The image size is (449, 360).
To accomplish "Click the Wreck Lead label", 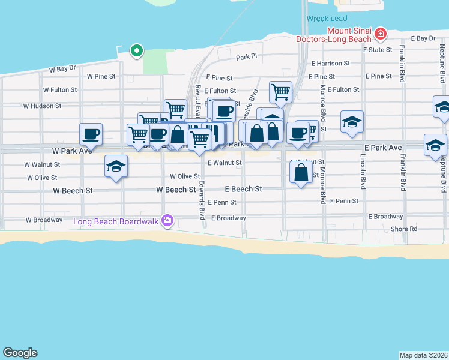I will pyautogui.click(x=327, y=19).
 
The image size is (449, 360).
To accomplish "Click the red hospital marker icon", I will pyautogui.click(x=379, y=32).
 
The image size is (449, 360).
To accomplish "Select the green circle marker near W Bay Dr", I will pyautogui.click(x=137, y=51).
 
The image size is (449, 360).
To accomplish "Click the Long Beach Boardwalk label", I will pyautogui.click(x=116, y=221).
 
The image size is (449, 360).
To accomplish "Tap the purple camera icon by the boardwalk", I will pyautogui.click(x=168, y=221).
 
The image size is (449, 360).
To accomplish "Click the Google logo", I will pyautogui.click(x=20, y=353).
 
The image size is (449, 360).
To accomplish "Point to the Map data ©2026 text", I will pyautogui.click(x=424, y=355).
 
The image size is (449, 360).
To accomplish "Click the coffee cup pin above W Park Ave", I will pyautogui.click(x=91, y=133).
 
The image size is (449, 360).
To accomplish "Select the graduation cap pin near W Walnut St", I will pyautogui.click(x=116, y=166).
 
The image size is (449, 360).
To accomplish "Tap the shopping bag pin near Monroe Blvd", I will pyautogui.click(x=300, y=172).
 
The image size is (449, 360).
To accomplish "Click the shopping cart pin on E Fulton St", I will pyautogui.click(x=280, y=92).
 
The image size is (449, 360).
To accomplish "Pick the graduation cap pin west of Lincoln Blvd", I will pyautogui.click(x=351, y=121).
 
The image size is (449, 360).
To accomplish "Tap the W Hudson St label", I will pyautogui.click(x=43, y=106).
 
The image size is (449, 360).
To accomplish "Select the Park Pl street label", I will pyautogui.click(x=246, y=57).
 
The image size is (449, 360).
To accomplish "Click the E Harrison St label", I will pyautogui.click(x=330, y=63).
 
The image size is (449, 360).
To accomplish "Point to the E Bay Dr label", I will pyautogui.click(x=423, y=38).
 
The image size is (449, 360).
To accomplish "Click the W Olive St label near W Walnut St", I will pyautogui.click(x=42, y=178).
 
